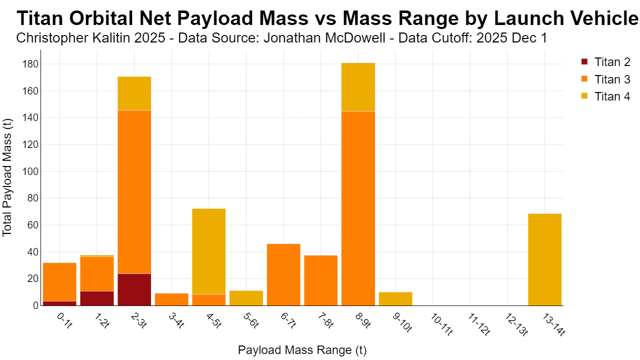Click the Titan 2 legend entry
point(605,62)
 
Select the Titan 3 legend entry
point(605,79)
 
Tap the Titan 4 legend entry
point(605,96)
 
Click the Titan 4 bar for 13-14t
point(544,259)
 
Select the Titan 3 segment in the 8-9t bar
point(358,208)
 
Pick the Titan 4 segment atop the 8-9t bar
point(358,87)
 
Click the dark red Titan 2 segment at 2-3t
point(134,289)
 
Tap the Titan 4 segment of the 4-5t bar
point(209,251)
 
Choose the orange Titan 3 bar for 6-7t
point(283,275)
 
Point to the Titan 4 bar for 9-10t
point(395,299)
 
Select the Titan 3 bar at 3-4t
point(171,299)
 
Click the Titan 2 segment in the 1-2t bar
point(97,298)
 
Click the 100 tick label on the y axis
point(30,171)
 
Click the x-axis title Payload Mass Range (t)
point(302,350)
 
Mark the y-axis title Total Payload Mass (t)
point(7,177)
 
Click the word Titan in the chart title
point(39,18)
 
